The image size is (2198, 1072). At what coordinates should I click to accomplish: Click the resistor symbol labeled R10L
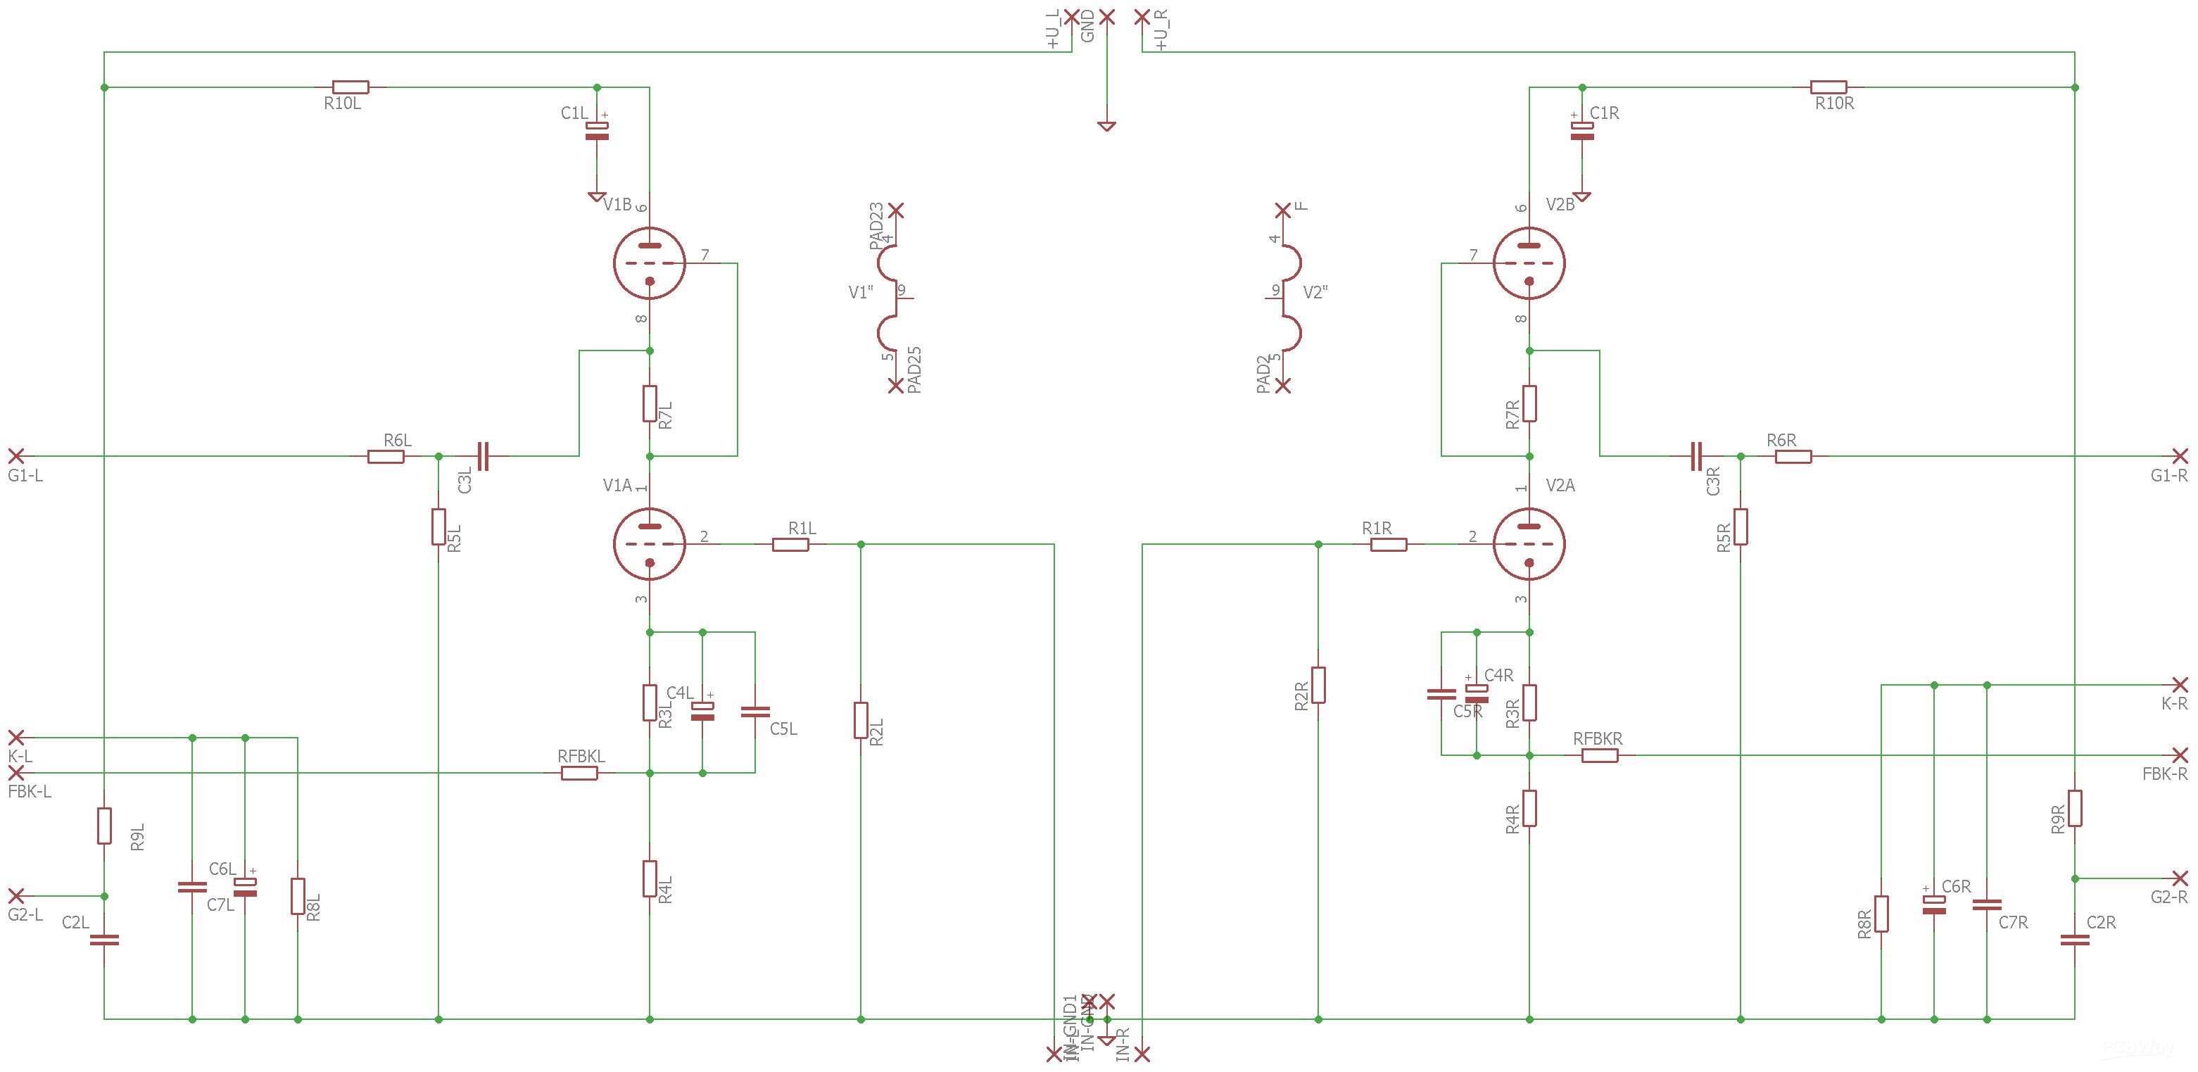[x=350, y=87]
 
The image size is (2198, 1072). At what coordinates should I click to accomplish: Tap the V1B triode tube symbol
[x=650, y=263]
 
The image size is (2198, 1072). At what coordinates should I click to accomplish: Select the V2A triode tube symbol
[x=1529, y=543]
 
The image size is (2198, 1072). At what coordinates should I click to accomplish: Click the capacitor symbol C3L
[x=483, y=456]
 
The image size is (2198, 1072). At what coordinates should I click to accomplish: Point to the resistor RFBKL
[x=579, y=774]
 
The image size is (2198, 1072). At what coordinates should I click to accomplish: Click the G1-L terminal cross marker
[x=15, y=456]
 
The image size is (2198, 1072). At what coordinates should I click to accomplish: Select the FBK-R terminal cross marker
[x=2180, y=755]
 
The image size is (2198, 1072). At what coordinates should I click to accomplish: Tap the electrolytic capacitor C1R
[x=1582, y=130]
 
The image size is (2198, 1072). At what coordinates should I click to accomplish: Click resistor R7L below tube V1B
[x=650, y=404]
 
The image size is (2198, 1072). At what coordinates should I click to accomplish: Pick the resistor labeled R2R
[x=1318, y=684]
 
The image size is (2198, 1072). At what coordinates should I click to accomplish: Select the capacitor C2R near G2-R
[x=2074, y=940]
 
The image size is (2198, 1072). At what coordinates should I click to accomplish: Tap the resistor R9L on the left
[x=104, y=826]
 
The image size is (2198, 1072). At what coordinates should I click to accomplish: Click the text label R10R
[x=1835, y=104]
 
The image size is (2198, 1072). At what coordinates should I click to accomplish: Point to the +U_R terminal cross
[x=1142, y=16]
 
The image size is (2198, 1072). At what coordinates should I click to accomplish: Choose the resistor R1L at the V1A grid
[x=790, y=543]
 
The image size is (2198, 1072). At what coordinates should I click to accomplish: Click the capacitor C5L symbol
[x=755, y=711]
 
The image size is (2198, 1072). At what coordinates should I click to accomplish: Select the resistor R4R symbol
[x=1529, y=808]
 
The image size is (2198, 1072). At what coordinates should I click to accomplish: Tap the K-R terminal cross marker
[x=2180, y=684]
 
